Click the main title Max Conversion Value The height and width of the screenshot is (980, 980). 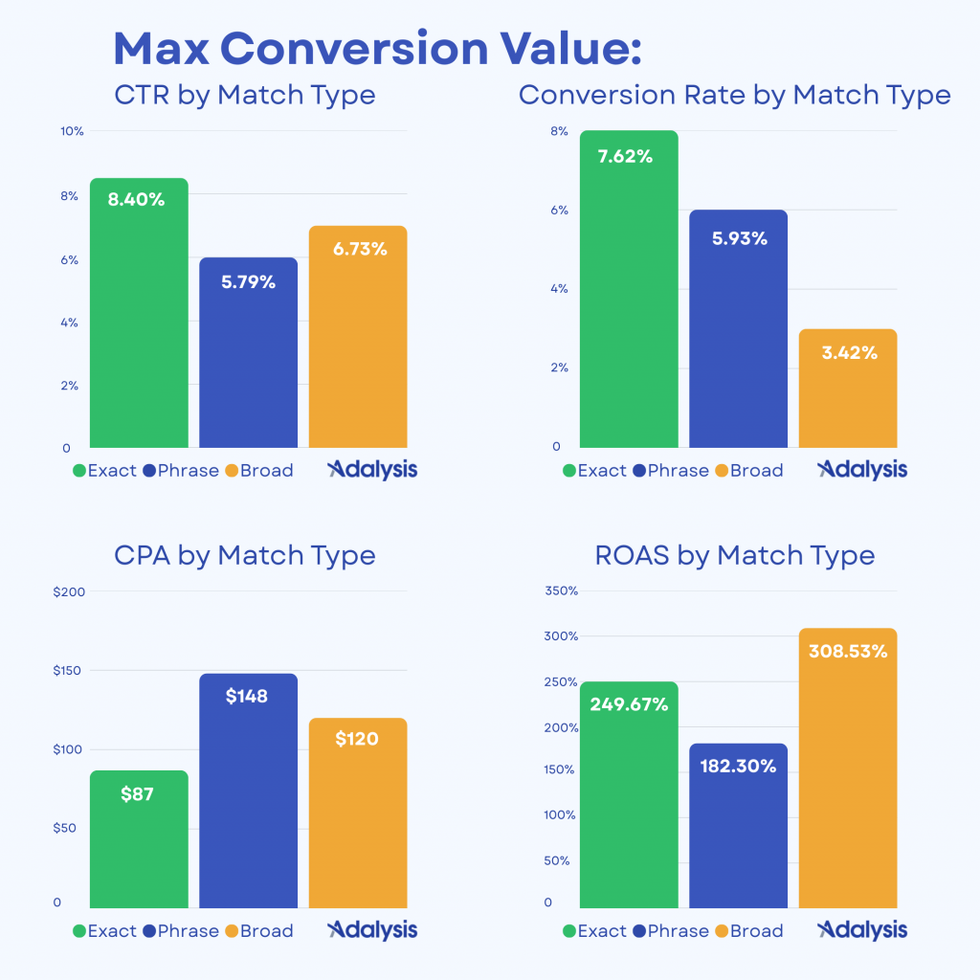click(x=377, y=49)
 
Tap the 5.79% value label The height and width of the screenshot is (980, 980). click(x=248, y=282)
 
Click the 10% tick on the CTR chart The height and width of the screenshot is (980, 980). click(x=73, y=131)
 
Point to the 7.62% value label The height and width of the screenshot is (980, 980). click(x=625, y=157)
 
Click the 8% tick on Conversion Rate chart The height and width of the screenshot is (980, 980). click(x=559, y=131)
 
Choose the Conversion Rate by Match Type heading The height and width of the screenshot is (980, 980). click(x=734, y=96)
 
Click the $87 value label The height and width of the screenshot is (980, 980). click(x=138, y=793)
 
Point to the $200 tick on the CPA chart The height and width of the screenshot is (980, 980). click(x=70, y=591)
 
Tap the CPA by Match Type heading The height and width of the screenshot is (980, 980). click(x=244, y=555)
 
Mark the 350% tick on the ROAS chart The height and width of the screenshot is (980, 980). click(x=561, y=591)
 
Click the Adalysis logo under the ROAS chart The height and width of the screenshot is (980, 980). click(x=862, y=930)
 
